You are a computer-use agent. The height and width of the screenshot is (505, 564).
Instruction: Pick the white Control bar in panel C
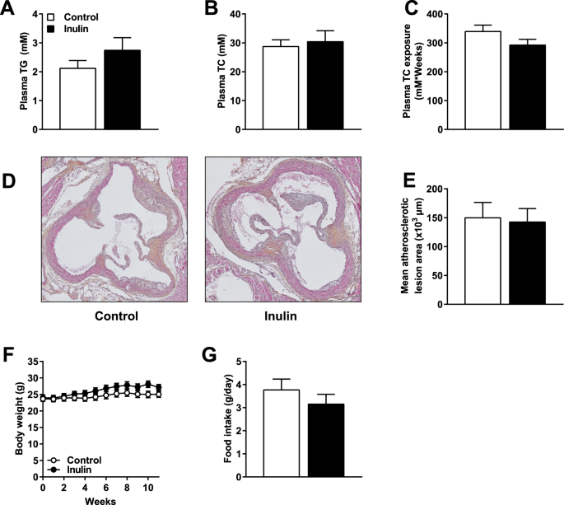(x=482, y=80)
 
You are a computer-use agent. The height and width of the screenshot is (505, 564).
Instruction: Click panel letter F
(x=9, y=356)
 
